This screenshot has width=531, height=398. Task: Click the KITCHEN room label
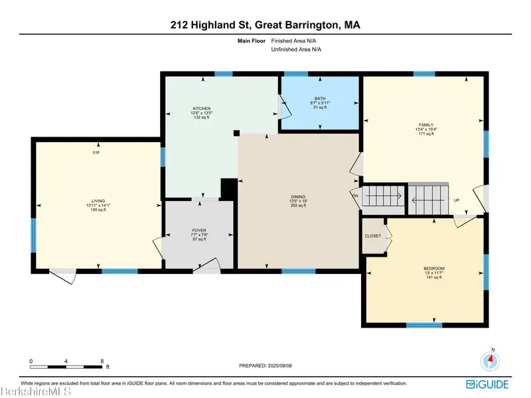tap(202, 109)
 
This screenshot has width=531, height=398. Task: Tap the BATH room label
tap(320, 98)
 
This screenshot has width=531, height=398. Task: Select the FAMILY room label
tap(426, 125)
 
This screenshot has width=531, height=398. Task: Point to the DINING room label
tap(298, 196)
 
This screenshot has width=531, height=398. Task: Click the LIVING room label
tap(98, 201)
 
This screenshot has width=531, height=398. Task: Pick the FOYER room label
tap(199, 230)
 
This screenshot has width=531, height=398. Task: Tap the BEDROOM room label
tap(434, 269)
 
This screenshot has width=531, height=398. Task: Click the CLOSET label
tap(373, 236)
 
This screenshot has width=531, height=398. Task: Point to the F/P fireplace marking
tap(96, 153)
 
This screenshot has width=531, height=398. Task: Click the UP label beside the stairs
tap(457, 200)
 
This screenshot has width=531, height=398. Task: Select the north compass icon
tap(490, 360)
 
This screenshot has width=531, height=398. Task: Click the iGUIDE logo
tap(487, 385)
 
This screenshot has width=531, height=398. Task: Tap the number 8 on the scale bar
tap(102, 361)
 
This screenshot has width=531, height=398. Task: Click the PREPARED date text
tap(265, 366)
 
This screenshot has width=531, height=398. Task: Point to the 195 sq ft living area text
tap(98, 210)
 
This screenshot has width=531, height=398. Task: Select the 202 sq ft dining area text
tap(298, 206)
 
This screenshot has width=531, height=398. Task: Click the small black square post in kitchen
tap(236, 133)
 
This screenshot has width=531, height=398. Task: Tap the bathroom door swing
tap(285, 107)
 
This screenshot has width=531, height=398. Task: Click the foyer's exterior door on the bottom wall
tap(207, 266)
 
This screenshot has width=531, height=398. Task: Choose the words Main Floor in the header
tap(252, 41)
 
